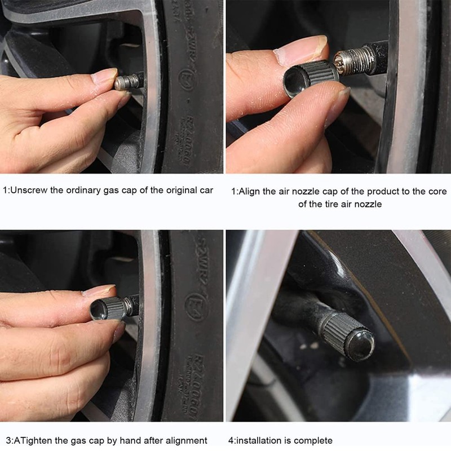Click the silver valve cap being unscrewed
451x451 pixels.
[125, 82]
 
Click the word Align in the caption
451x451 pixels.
[250, 192]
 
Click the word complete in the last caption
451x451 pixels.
[316, 440]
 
